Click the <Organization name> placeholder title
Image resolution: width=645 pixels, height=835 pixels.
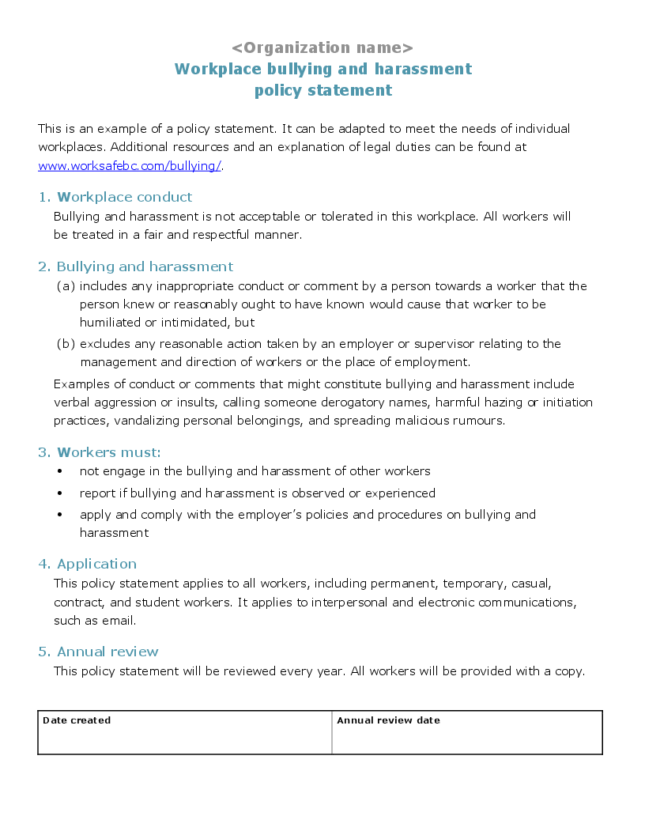(322, 47)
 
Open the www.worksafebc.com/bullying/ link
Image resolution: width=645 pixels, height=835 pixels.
(130, 165)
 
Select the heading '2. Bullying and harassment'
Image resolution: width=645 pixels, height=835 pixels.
(136, 266)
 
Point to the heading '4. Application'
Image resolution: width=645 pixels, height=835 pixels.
(88, 564)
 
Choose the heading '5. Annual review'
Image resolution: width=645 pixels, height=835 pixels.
(99, 652)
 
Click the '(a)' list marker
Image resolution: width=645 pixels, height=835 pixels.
(66, 286)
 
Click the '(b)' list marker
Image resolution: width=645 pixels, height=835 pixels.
(66, 344)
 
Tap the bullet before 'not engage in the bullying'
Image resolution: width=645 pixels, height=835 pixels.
(60, 471)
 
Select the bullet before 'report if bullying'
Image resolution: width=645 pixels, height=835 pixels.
(60, 493)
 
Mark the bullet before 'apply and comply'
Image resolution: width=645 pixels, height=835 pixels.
(60, 515)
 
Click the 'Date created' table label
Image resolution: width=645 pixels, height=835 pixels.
(77, 720)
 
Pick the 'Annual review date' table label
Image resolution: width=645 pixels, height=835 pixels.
(388, 720)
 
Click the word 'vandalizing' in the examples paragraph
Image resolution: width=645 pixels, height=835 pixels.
(147, 421)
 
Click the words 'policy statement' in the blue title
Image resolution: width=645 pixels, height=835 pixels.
(322, 90)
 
